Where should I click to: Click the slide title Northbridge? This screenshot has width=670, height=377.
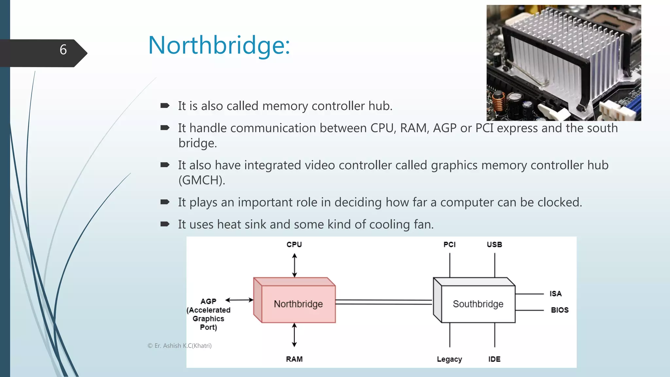click(x=219, y=45)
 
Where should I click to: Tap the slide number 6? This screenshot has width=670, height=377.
click(x=63, y=50)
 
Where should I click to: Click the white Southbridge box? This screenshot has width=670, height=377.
click(x=478, y=304)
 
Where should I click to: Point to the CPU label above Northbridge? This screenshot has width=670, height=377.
click(x=294, y=244)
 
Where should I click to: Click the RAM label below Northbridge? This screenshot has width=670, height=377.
click(x=294, y=359)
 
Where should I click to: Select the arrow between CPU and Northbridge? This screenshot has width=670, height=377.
click(x=294, y=265)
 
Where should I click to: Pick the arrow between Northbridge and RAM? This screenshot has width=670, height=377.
click(x=294, y=335)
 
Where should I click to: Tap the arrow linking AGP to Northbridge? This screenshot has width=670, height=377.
click(x=239, y=300)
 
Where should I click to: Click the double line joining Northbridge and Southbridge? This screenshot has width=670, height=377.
click(x=383, y=302)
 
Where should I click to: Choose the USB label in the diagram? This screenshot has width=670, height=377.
click(x=494, y=244)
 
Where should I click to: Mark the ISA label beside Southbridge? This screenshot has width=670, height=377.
click(x=555, y=294)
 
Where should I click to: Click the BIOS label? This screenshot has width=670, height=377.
click(x=559, y=310)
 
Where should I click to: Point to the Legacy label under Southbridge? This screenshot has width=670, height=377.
click(x=449, y=359)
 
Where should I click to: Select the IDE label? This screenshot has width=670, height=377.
click(x=494, y=359)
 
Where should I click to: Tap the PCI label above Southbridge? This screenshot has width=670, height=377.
click(x=450, y=244)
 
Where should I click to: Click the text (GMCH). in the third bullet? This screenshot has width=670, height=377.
click(x=202, y=180)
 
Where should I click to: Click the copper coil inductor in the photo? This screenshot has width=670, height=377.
click(x=499, y=102)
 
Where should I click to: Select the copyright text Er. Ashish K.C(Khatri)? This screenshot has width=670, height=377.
click(x=180, y=346)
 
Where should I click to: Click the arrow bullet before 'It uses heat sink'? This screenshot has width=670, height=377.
click(x=165, y=224)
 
